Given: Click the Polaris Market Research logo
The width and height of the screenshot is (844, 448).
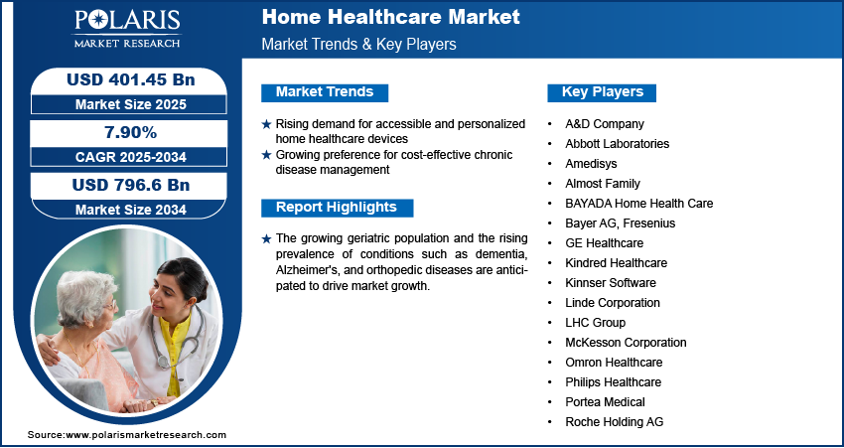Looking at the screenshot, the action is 127,28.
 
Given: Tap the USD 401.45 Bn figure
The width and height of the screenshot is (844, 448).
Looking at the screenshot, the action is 131,79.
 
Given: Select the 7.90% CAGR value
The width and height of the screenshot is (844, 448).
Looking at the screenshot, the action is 131,132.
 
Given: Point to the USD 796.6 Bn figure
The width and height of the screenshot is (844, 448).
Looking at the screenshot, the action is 131,185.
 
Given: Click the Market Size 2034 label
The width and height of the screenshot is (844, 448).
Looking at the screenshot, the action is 131,210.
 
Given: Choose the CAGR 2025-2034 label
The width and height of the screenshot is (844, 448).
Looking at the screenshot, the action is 131,157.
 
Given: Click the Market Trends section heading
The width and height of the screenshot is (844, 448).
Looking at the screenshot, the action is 325,92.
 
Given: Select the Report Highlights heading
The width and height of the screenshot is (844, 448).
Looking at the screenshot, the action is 337,208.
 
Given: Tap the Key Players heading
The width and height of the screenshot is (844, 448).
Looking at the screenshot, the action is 603,92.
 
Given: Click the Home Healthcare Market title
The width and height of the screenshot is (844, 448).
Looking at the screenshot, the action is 391,17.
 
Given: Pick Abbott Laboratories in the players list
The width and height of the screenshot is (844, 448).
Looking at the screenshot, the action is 617,144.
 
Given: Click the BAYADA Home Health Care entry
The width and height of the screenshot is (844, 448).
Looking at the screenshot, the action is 638,204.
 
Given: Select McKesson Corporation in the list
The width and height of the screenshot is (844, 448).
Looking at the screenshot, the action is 626,343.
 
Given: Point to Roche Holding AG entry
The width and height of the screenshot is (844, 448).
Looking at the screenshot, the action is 615,422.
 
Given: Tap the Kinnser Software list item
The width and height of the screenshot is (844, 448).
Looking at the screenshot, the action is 611,283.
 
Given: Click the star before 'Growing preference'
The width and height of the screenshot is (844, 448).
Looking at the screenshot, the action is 266,155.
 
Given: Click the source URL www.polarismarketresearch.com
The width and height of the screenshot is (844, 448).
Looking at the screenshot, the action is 145,435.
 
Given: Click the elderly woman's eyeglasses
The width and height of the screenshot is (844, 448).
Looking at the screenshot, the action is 110,305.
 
